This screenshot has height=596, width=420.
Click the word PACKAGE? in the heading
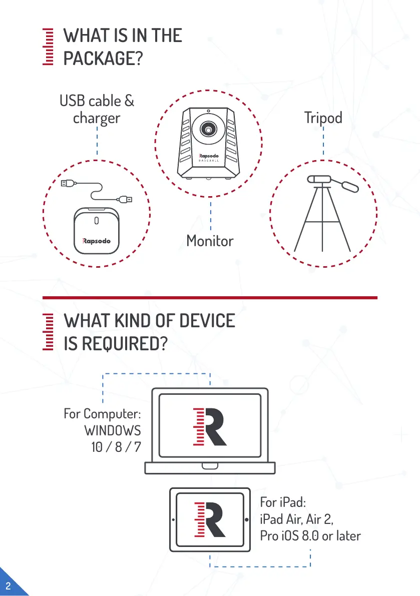103,59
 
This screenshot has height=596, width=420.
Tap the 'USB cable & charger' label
97,110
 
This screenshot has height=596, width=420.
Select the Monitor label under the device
210,241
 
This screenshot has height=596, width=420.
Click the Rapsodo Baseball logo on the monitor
209,158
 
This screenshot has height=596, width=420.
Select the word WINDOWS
113,430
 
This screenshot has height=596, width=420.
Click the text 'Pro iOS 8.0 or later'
310,536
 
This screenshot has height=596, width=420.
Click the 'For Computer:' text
102,414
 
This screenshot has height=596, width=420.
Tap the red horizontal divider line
210,298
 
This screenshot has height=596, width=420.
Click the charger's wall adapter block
96,231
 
